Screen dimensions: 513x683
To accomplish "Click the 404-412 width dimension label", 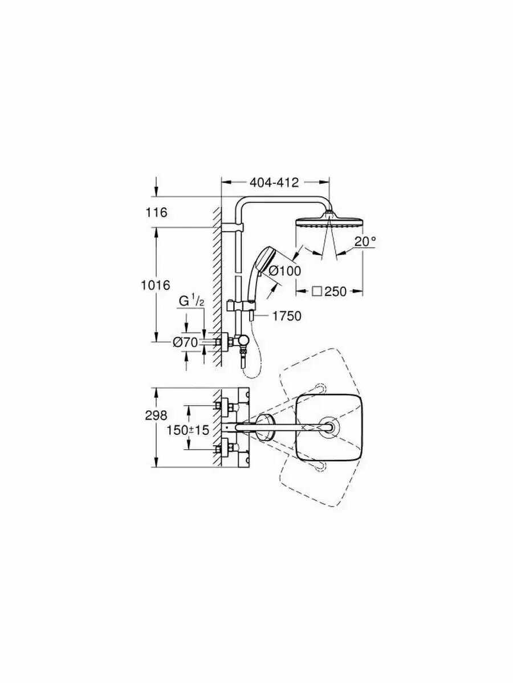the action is [x=274, y=183].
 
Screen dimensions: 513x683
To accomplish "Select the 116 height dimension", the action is [x=156, y=213].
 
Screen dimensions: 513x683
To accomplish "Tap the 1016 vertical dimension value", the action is [x=156, y=285].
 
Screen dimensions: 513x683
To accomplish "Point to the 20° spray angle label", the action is [x=365, y=241].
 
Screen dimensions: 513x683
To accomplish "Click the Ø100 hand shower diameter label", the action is [x=284, y=271].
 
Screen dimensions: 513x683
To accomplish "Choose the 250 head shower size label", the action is [x=335, y=291].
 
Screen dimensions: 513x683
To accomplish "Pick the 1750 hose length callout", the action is [x=287, y=316].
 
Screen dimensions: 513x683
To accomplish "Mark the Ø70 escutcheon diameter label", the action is [x=185, y=343].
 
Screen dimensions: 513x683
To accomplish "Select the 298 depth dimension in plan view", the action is [x=156, y=415].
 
